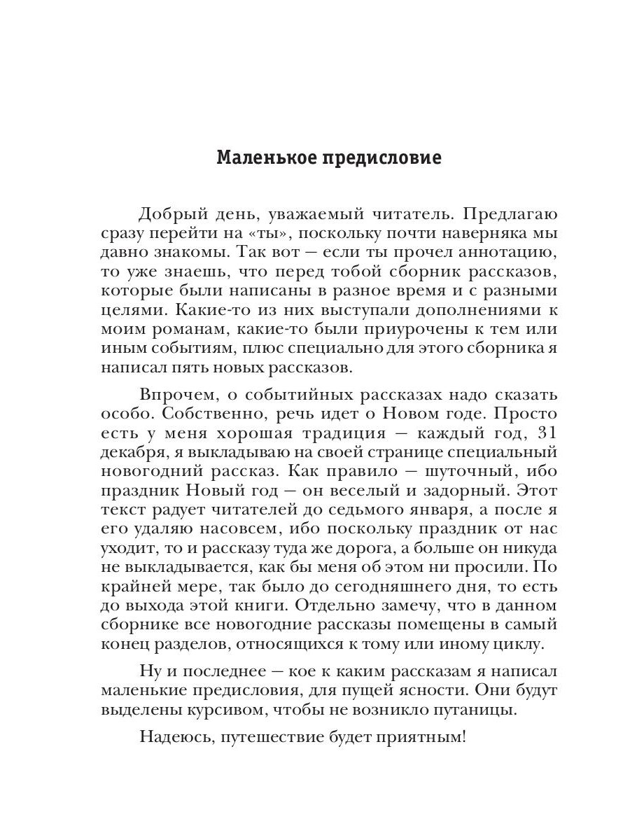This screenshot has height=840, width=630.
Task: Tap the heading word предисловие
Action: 373,157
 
